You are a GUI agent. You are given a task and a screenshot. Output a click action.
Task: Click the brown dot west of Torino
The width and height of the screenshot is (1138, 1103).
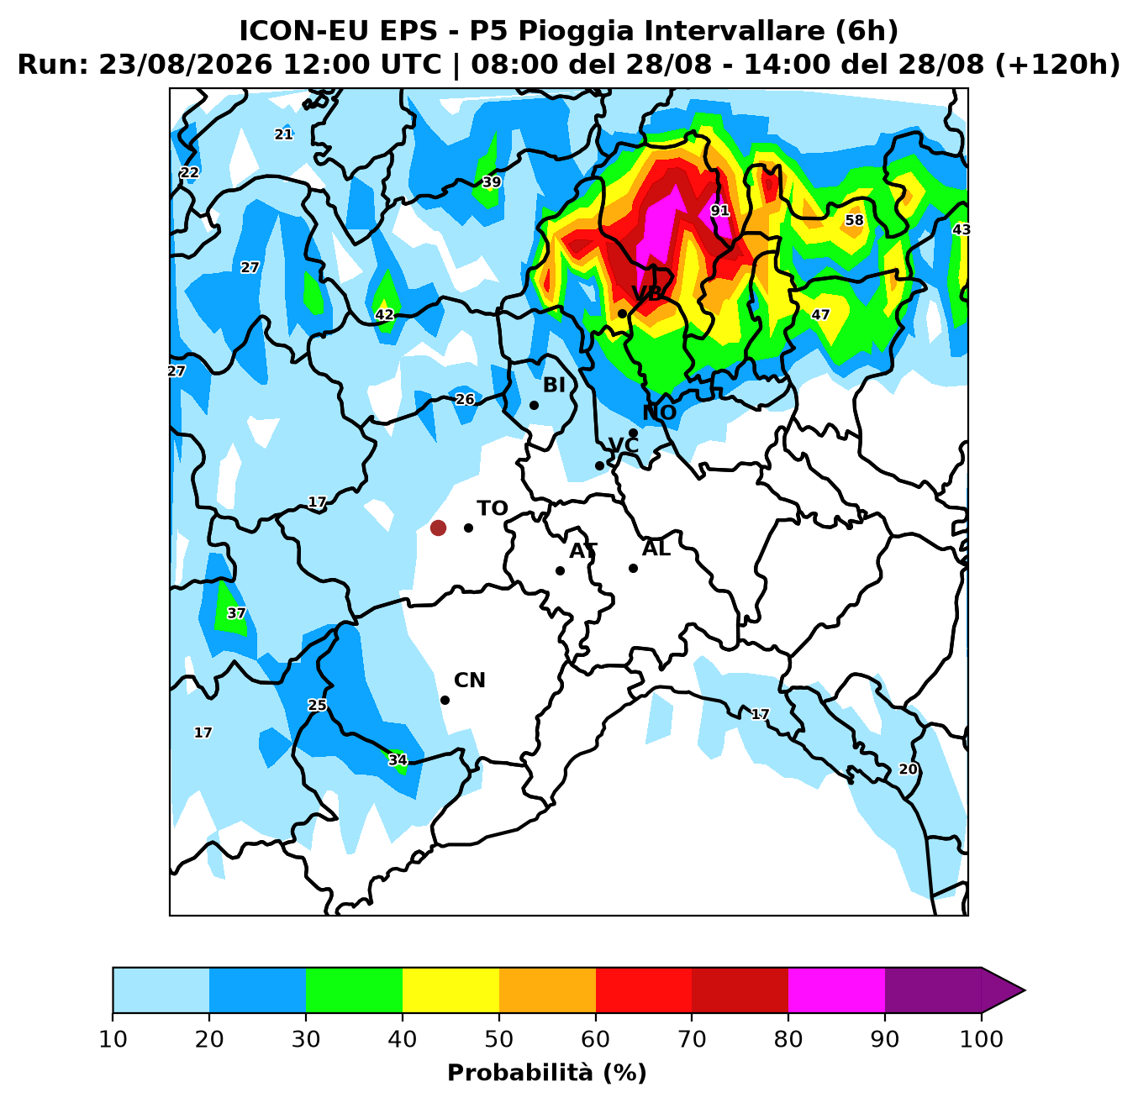(438, 528)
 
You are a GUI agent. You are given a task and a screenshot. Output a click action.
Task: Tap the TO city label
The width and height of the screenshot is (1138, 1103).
(493, 508)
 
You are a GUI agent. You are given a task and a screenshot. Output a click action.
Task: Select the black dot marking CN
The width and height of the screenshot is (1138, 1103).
(445, 700)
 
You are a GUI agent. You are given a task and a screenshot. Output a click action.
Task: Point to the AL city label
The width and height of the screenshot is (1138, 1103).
(656, 549)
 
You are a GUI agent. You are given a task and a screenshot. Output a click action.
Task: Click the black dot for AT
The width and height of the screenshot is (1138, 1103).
(560, 570)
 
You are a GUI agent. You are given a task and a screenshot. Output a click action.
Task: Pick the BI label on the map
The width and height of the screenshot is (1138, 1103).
(554, 385)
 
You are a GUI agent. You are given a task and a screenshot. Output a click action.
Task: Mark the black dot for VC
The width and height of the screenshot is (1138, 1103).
(599, 466)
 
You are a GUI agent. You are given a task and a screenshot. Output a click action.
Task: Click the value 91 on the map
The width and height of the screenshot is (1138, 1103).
(720, 210)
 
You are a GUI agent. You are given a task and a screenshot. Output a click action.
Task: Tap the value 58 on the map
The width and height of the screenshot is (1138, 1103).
(855, 220)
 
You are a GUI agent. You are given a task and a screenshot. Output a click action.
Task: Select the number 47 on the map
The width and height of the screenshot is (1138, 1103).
(820, 315)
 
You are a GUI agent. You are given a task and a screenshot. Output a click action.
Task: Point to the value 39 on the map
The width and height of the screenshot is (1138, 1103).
(492, 182)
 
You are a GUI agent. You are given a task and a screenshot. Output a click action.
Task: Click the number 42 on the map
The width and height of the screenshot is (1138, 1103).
(384, 315)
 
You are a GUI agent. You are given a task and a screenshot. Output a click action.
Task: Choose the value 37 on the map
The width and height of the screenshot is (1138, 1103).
(236, 613)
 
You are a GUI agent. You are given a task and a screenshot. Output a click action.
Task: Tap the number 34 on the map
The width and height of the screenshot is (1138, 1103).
(398, 760)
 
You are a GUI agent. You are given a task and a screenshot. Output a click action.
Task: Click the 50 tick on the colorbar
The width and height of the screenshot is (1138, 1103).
(499, 1039)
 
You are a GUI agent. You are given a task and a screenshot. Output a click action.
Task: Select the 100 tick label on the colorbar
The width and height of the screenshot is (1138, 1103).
(982, 1039)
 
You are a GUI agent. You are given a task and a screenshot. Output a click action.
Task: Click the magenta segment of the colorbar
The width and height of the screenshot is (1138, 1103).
(836, 990)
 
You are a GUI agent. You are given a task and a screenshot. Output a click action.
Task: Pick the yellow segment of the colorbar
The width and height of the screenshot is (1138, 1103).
(450, 990)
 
